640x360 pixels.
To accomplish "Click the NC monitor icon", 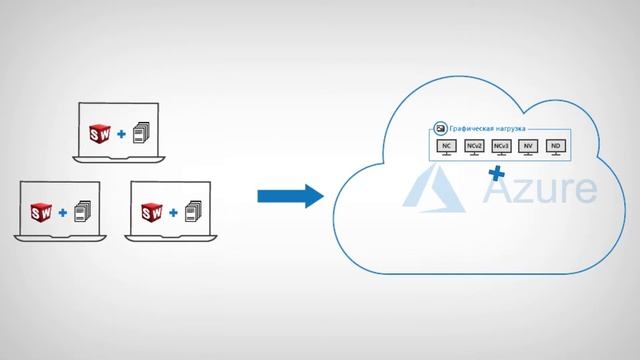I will pyautogui.click(x=447, y=148).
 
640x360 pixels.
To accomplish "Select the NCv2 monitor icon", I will pyautogui.click(x=474, y=148).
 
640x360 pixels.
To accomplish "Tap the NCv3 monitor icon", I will pyautogui.click(x=501, y=148).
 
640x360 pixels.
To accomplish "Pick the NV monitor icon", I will pyautogui.click(x=528, y=148).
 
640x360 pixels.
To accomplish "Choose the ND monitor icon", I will pyautogui.click(x=555, y=148).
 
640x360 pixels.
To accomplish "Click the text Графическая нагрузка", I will pyautogui.click(x=489, y=129).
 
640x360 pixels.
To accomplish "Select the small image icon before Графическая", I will pyautogui.click(x=440, y=129).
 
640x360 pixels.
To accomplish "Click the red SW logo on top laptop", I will pyautogui.click(x=98, y=131).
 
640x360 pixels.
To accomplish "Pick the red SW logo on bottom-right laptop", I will pyautogui.click(x=152, y=212).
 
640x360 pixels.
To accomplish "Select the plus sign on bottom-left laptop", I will pyautogui.click(x=64, y=213).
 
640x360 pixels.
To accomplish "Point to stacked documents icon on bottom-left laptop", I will pyautogui.click(x=85, y=212).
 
